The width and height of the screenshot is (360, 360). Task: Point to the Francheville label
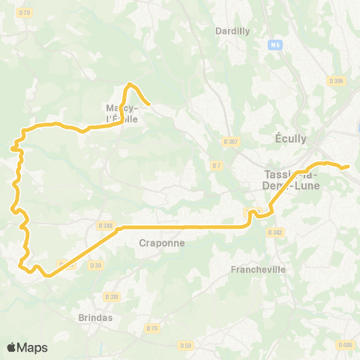[259, 269]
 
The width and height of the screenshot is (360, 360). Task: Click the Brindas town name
[95, 317]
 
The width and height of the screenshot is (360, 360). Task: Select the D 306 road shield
[336, 81]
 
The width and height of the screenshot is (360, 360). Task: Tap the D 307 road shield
[230, 141]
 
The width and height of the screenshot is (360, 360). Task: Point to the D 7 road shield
[217, 165]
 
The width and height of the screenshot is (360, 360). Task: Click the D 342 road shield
[275, 232]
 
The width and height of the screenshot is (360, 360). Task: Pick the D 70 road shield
[25, 13]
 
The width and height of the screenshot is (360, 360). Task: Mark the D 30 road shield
[95, 265]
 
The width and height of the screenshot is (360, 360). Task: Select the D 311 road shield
[112, 296]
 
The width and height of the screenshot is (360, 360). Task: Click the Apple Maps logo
[28, 347]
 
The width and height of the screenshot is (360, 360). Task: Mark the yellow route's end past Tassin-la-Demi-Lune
[348, 167]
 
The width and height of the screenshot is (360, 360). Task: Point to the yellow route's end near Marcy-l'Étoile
[150, 103]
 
